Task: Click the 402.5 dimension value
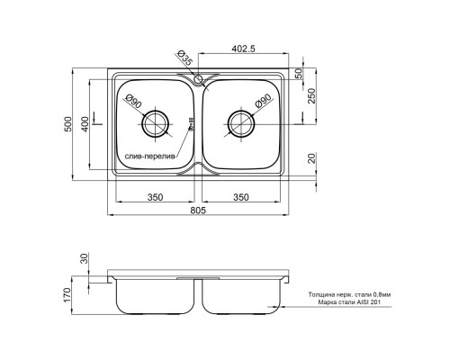[x=245, y=49]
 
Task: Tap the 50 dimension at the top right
[x=310, y=72]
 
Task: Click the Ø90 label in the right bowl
[x=264, y=102]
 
